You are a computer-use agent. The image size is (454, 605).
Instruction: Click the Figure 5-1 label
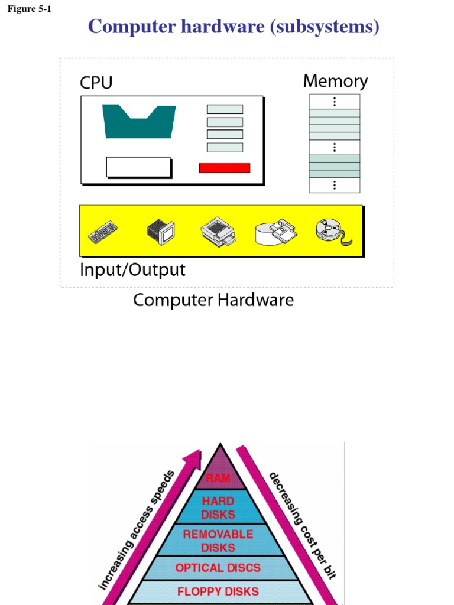point(30,9)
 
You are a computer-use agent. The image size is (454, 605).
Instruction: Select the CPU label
point(96,83)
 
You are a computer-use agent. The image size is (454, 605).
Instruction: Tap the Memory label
point(335,82)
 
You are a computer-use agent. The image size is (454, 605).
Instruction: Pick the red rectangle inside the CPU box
point(224,168)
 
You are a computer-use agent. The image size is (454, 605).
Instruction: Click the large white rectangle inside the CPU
point(138,167)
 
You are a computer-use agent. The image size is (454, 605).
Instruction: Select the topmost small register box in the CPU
point(225,109)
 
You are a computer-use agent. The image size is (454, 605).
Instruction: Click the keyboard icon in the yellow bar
point(103,231)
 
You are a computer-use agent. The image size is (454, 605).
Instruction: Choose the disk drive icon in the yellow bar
point(275,233)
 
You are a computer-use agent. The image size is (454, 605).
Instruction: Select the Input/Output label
point(132,271)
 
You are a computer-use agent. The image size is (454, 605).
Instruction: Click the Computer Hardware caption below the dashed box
point(213,300)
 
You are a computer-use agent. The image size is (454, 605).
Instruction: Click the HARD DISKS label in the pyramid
point(218,508)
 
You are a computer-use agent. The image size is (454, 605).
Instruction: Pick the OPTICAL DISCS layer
point(218,568)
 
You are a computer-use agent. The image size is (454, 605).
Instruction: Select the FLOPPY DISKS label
point(218,591)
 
